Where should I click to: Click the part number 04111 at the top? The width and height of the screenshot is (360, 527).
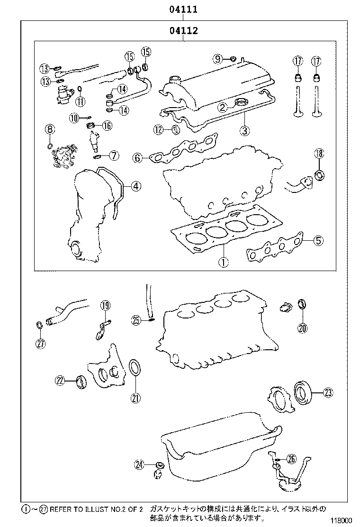tap(182, 9)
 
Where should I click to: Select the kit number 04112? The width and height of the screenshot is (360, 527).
tap(182, 31)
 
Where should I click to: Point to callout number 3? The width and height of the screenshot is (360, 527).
tap(244, 130)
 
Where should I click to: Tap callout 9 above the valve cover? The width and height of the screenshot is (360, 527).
tap(217, 59)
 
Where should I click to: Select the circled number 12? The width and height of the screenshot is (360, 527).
tap(158, 129)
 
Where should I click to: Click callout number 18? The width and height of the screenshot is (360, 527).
tap(319, 153)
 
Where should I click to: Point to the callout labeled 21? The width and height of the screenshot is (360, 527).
tap(135, 398)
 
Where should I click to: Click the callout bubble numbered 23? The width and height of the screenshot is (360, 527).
tap(328, 392)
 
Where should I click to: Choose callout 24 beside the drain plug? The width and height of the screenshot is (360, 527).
tap(139, 465)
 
